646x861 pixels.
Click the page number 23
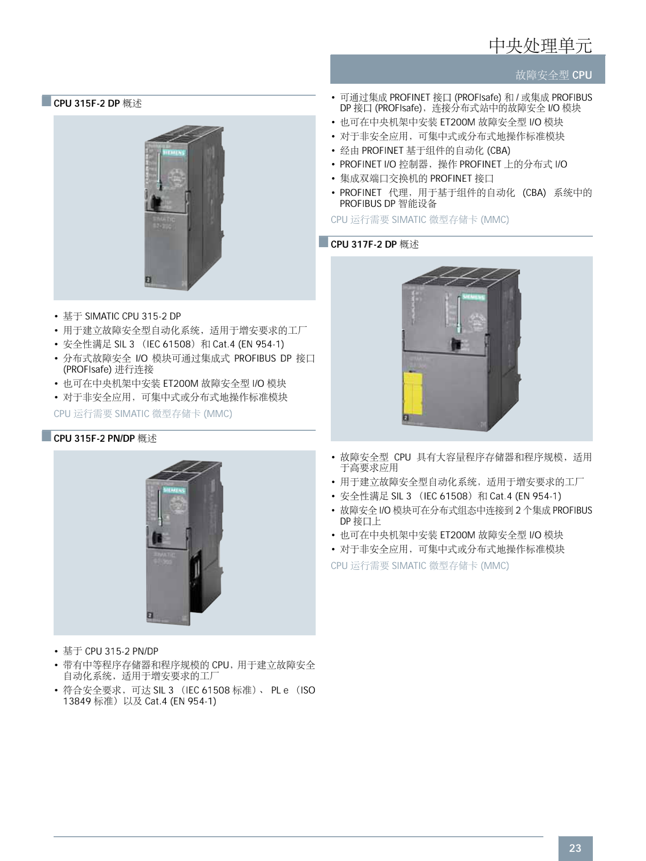tap(575, 848)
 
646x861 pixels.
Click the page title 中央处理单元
tap(540, 45)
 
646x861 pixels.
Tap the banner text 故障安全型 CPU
tap(553, 75)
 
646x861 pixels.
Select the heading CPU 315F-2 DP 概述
tap(98, 103)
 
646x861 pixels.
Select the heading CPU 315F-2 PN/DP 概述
tap(105, 439)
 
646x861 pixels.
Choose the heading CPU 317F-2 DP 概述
tap(374, 244)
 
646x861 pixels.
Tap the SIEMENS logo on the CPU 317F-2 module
tap(473, 297)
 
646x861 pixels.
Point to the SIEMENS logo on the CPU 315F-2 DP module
tap(174, 152)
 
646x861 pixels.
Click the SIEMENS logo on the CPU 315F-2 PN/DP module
tap(174, 490)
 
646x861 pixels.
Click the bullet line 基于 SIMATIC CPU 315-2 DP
tap(122, 316)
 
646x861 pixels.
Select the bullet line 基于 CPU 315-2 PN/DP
tap(110, 651)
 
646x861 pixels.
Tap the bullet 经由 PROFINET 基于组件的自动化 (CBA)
tap(425, 151)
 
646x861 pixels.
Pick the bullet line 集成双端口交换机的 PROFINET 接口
tap(416, 179)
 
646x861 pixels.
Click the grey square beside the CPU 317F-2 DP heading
tap(323, 242)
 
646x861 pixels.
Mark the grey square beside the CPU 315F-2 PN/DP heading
tap(46, 436)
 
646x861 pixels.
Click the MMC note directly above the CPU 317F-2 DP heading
tap(420, 220)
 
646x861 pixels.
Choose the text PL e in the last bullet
tap(279, 690)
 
